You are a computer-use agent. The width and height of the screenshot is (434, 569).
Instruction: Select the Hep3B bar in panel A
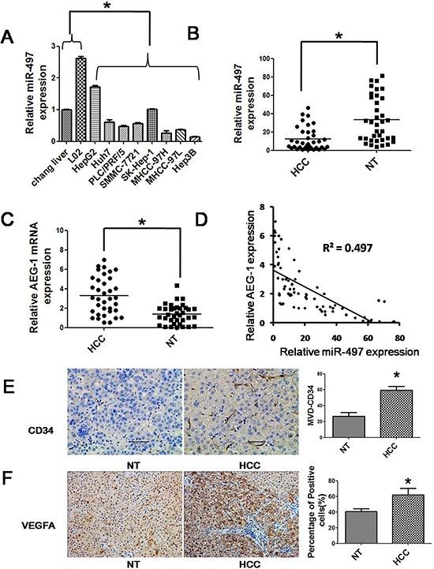pyautogui.click(x=196, y=139)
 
